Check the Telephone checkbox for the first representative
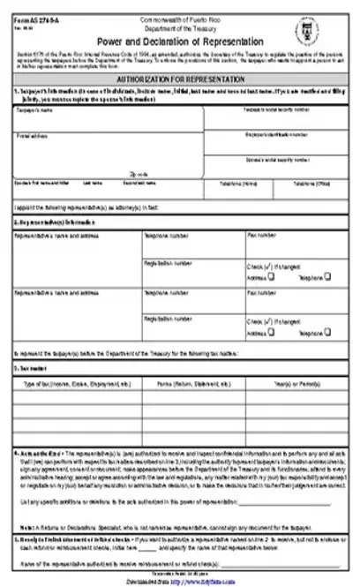tap(327, 275)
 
